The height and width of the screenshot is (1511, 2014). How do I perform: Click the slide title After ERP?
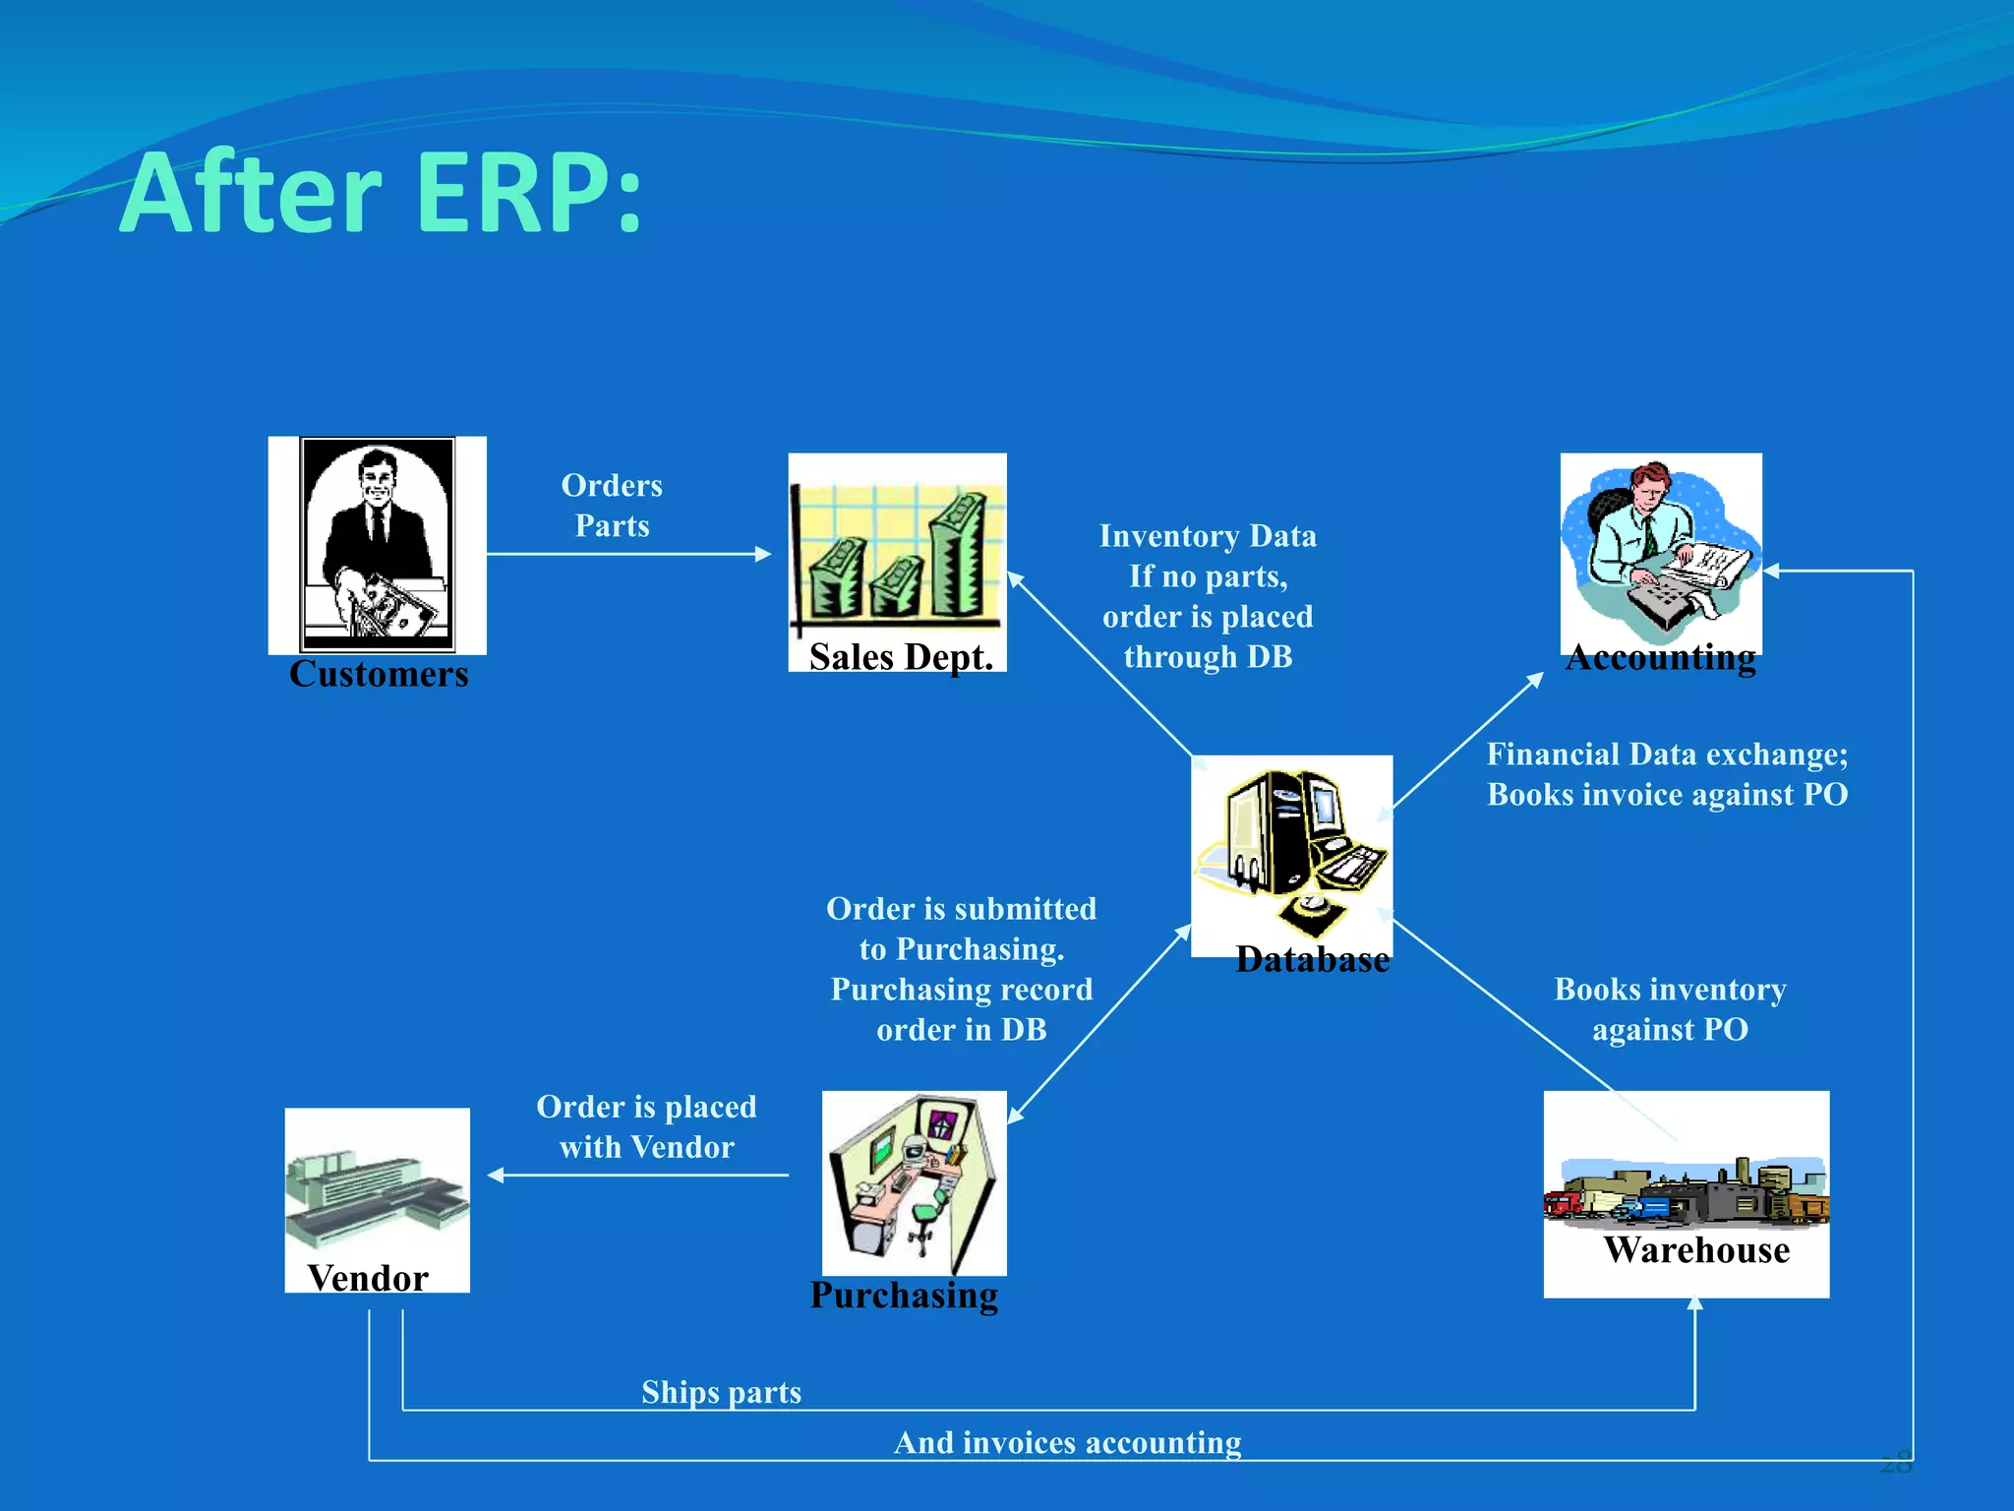click(382, 193)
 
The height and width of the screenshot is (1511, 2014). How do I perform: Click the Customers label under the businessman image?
click(379, 674)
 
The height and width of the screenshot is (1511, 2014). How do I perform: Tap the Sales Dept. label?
click(901, 656)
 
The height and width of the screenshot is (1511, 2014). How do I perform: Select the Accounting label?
click(1661, 656)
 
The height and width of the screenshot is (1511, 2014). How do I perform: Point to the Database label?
click(1312, 959)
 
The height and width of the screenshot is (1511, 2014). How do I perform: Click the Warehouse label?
click(1696, 1249)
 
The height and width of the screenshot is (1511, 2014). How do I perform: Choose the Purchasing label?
click(904, 1295)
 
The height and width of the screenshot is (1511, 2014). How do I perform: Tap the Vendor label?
click(368, 1278)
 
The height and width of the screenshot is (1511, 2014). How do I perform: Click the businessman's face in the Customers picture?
click(377, 477)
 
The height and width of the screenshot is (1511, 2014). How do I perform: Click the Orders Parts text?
click(612, 505)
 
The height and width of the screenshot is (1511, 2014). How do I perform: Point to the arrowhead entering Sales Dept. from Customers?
click(763, 554)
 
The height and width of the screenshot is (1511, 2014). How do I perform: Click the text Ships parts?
click(721, 1392)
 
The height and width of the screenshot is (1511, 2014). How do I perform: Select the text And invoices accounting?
click(1067, 1442)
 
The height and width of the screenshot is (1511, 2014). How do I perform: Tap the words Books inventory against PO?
click(1670, 1009)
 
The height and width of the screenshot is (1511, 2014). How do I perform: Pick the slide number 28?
click(1896, 1463)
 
